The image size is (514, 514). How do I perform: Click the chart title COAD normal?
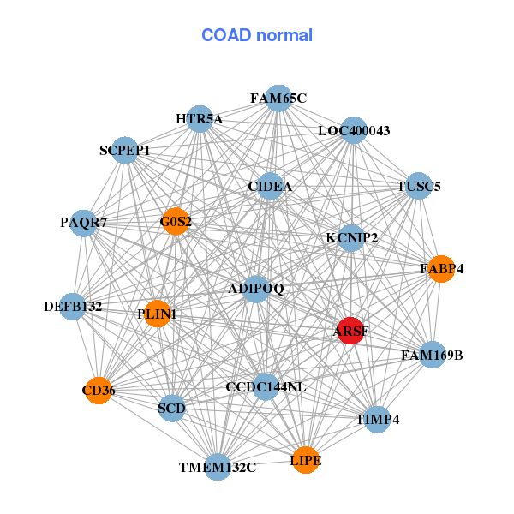click(257, 36)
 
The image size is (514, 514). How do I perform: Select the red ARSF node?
click(350, 331)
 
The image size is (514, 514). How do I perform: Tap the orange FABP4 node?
click(441, 269)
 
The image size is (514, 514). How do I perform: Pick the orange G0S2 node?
click(176, 222)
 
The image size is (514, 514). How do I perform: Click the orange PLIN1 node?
click(158, 314)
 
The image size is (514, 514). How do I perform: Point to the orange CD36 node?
click(99, 391)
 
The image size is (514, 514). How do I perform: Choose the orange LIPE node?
click(306, 461)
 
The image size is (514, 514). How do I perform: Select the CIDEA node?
click(271, 187)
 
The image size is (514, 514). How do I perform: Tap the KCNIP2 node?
click(351, 237)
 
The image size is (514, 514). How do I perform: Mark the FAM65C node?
click(278, 99)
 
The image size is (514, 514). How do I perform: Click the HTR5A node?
click(200, 119)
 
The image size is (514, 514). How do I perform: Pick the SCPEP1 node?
click(125, 151)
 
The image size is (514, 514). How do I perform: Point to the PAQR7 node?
click(84, 223)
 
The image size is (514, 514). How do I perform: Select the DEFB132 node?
click(73, 306)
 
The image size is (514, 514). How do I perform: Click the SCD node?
click(172, 409)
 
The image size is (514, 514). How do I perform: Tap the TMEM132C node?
click(218, 467)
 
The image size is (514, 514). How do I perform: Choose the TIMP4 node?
click(378, 419)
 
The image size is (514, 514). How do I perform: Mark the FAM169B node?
click(433, 354)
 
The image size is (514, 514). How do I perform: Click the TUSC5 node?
click(418, 186)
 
